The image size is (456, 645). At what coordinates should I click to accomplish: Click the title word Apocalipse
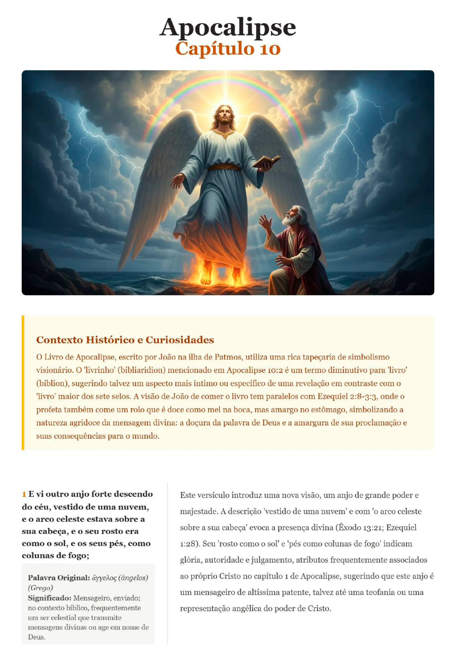227,27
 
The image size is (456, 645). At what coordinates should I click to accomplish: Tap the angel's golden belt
224,168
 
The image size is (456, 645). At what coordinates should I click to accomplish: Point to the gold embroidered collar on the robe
224,134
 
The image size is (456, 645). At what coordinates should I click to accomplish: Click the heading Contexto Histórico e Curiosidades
125,340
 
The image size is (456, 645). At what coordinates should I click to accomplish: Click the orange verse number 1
24,494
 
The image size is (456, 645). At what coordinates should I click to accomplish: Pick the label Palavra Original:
59,578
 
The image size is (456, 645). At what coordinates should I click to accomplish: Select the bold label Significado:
49,598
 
